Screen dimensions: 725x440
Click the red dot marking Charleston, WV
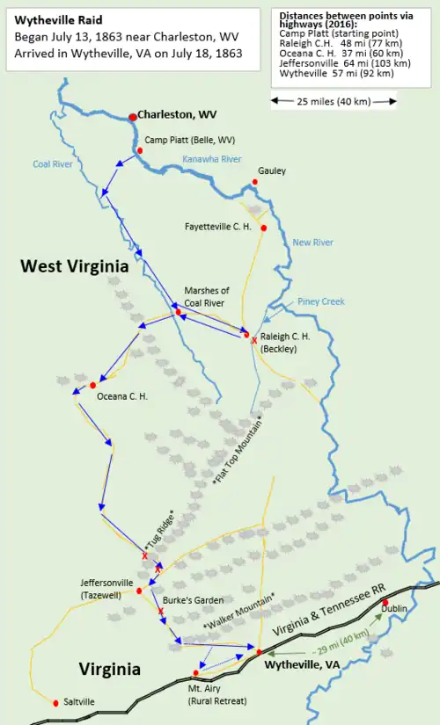[132, 117]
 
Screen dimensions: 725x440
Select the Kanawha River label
[211, 159]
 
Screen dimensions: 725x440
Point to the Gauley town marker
[255, 182]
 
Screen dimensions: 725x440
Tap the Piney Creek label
[320, 301]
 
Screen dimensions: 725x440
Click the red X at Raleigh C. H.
[254, 340]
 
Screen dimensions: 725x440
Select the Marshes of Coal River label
[206, 297]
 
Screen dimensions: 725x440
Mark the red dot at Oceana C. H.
[92, 385]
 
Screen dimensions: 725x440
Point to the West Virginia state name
[75, 266]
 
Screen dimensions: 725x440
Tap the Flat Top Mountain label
[237, 452]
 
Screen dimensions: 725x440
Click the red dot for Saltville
[55, 702]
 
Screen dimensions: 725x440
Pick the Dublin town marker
[385, 603]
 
